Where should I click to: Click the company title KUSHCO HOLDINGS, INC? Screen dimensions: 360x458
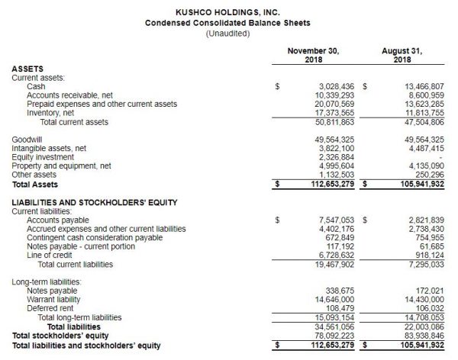[227, 13]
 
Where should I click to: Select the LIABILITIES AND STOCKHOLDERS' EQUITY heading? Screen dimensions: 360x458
[95, 202]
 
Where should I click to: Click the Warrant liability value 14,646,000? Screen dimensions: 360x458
[331, 299]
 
